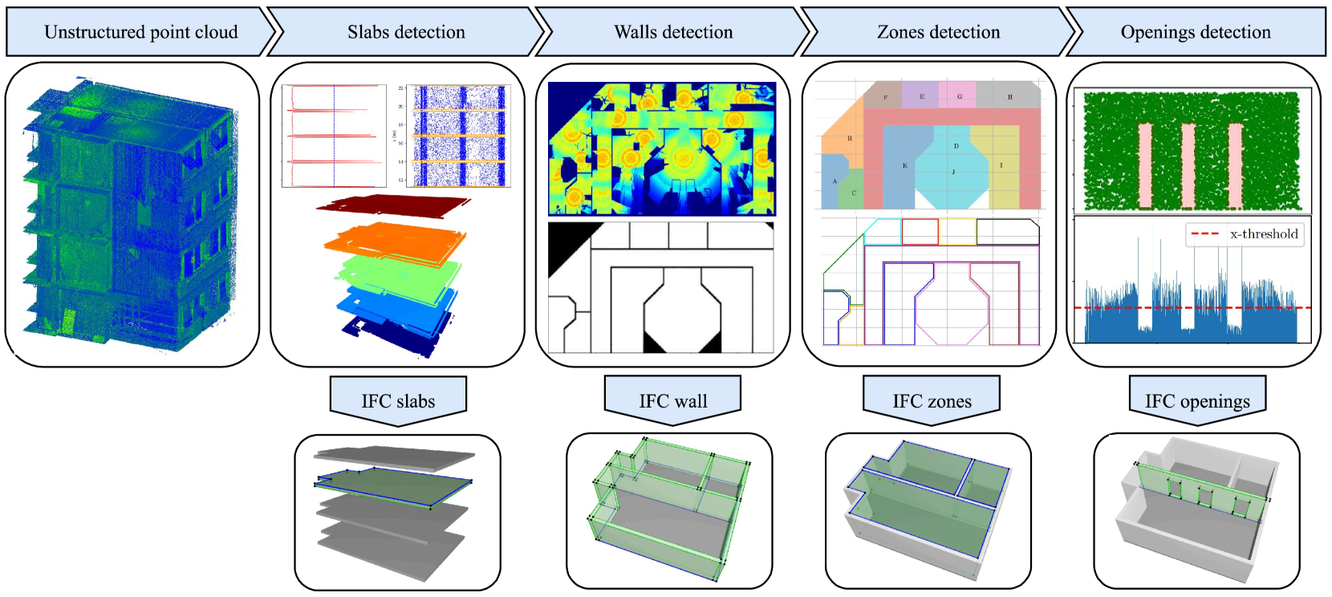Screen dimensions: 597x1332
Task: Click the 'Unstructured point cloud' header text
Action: point(140,32)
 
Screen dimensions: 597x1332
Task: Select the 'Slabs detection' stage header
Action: point(406,32)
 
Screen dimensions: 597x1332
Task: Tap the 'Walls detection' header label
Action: point(673,32)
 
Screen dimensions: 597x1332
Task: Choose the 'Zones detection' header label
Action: point(938,32)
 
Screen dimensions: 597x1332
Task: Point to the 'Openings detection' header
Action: point(1196,32)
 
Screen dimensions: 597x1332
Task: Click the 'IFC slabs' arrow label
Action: point(398,401)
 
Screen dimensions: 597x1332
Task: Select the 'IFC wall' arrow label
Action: point(673,401)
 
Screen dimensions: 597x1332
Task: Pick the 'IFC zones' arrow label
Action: point(932,401)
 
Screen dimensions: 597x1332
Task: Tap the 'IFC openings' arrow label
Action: point(1197,401)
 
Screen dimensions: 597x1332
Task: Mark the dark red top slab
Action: point(393,205)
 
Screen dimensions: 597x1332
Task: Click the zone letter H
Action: point(1009,97)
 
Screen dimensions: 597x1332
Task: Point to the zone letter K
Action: point(904,166)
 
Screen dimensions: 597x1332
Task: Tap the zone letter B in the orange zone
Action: point(850,138)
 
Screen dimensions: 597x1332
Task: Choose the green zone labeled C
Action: point(854,193)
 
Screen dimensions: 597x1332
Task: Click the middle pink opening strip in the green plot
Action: point(1188,164)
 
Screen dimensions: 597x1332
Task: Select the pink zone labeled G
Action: point(959,96)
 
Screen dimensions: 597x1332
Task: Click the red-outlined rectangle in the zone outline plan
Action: point(920,232)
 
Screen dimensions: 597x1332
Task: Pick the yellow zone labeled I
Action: point(1001,165)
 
